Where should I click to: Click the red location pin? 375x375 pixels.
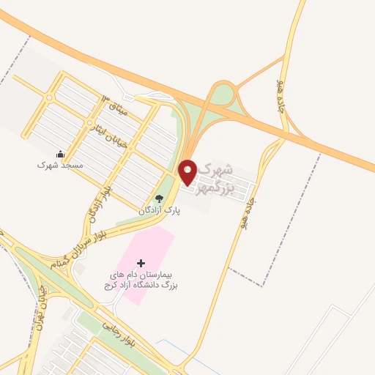188,171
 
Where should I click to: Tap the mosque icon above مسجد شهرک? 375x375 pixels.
61,154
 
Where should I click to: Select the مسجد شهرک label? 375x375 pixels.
61,166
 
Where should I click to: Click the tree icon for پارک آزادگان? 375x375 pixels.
158,198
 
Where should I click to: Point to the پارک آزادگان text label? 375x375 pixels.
160,211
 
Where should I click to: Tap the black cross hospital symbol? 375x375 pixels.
141,262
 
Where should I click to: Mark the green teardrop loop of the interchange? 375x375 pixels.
221,96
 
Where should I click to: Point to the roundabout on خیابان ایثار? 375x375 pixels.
89,122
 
